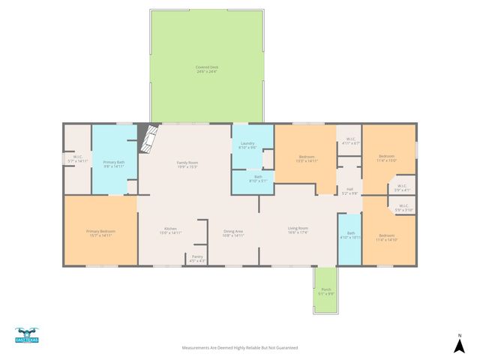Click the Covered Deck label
coord(207,69)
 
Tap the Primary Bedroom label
coord(100,233)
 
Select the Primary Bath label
coord(114,164)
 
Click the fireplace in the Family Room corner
coord(151,138)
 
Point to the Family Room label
coord(187,164)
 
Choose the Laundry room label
coord(247,145)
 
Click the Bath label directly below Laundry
coord(247,178)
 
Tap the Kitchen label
coord(171,231)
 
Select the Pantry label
coord(196,258)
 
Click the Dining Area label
coord(233,233)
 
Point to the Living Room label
coord(298,230)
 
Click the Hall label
coord(349,191)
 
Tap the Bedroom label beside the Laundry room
coord(307,159)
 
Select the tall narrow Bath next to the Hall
coord(349,235)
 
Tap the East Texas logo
coord(27,336)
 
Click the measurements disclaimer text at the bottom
coord(240,348)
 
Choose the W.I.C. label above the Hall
coord(351,141)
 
